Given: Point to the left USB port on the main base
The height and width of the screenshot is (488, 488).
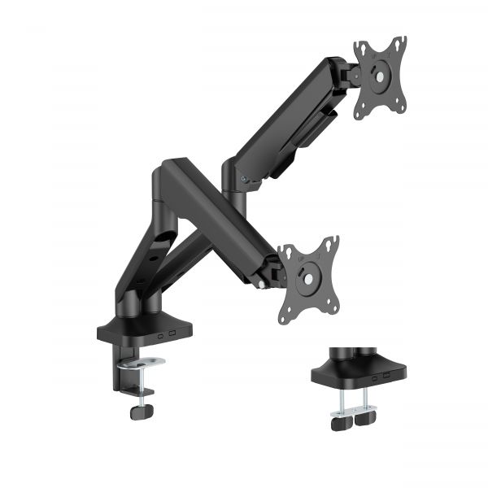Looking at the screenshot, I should click(161, 336).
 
